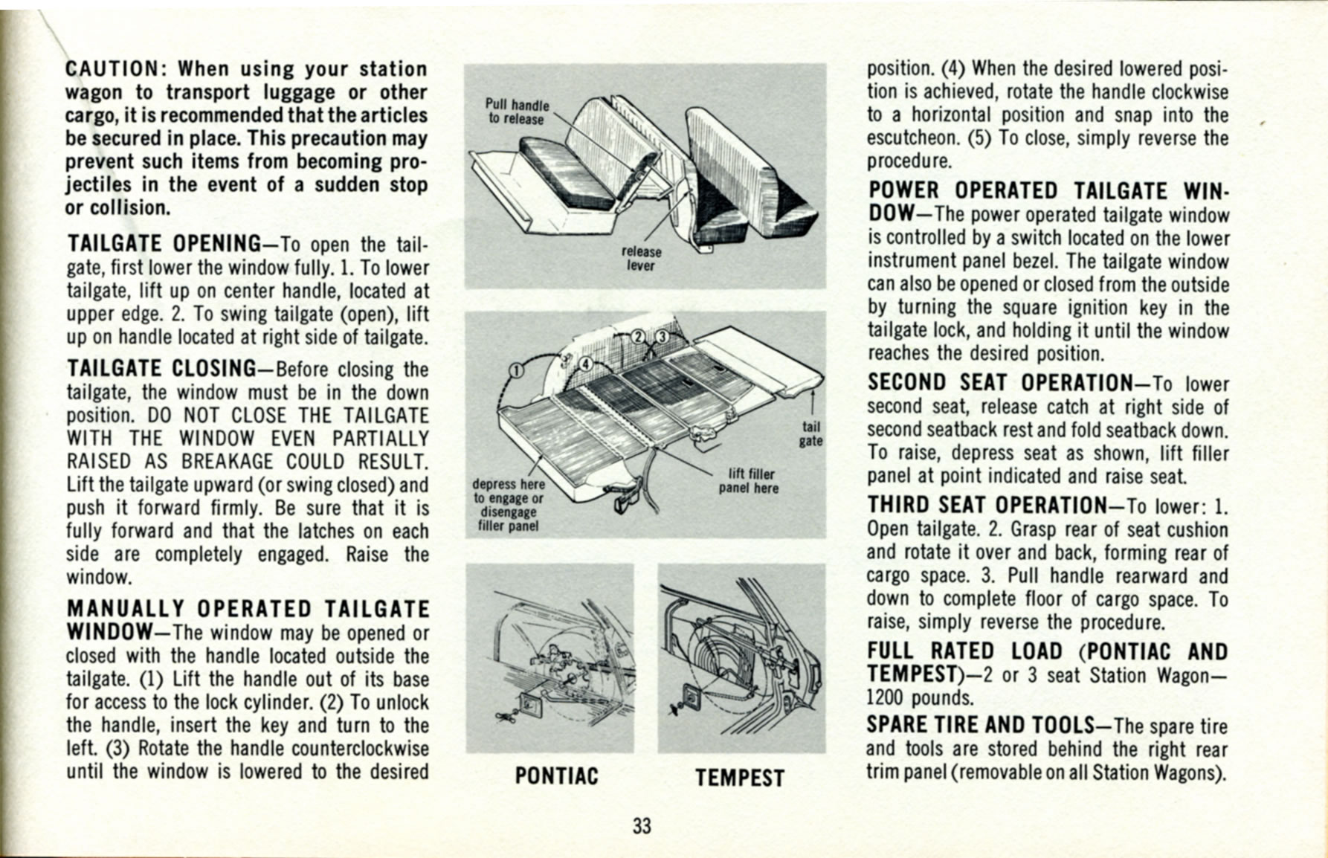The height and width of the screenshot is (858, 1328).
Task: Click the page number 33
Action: (642, 825)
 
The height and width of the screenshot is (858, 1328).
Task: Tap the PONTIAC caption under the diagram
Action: (556, 776)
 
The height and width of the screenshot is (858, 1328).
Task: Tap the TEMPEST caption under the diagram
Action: (740, 778)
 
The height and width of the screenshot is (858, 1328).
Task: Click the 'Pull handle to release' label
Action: (517, 112)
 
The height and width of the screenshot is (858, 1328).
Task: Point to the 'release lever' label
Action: (641, 258)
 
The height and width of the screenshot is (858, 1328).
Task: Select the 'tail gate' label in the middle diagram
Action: (810, 433)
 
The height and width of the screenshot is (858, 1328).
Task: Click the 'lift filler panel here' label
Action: (750, 481)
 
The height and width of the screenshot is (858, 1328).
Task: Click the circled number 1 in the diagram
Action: (515, 370)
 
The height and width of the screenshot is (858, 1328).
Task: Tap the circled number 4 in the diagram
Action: (585, 364)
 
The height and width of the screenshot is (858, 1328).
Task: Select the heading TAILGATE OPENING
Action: (163, 244)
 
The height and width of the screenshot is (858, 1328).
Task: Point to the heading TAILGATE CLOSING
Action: (161, 368)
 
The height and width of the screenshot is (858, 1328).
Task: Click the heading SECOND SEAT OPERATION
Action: (999, 382)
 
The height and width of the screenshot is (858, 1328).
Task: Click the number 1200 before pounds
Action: (885, 697)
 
